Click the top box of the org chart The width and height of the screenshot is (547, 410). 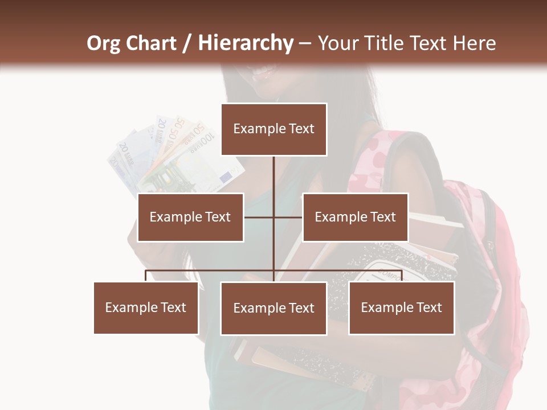(x=273, y=129)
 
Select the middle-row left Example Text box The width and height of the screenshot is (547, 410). (x=190, y=217)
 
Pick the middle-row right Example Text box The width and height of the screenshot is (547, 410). (x=355, y=217)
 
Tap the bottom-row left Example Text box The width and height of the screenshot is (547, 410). (x=146, y=307)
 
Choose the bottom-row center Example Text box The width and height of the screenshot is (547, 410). (x=273, y=308)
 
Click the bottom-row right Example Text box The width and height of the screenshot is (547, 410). (x=401, y=307)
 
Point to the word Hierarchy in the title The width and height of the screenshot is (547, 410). (x=245, y=43)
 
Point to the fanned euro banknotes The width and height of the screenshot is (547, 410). (x=171, y=154)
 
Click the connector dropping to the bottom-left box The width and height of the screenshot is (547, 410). (x=146, y=276)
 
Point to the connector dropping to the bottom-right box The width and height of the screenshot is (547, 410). (x=401, y=276)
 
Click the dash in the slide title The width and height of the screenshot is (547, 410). (x=305, y=43)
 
